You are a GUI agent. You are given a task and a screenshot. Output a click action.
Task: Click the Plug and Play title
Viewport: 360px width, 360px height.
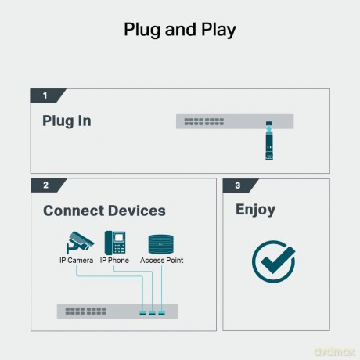point(180,30)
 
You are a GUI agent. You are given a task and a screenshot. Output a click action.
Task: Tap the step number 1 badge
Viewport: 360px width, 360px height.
point(47,95)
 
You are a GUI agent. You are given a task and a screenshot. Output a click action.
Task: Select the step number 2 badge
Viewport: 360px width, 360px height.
point(48,185)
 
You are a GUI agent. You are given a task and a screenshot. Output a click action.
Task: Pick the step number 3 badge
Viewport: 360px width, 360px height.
point(239,185)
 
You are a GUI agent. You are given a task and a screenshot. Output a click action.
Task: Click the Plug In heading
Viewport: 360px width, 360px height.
point(67,121)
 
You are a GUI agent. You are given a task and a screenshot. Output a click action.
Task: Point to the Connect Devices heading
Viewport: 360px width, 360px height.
point(104,211)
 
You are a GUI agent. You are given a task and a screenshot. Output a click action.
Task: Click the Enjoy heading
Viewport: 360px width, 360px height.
point(255,210)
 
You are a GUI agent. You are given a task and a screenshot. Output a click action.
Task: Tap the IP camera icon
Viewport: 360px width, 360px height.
point(80,243)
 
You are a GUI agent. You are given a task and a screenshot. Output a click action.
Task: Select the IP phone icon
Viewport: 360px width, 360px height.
point(115,243)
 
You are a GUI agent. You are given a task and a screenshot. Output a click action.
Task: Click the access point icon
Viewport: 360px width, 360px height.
point(160,244)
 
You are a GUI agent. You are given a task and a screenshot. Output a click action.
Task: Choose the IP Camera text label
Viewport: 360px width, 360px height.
point(76,261)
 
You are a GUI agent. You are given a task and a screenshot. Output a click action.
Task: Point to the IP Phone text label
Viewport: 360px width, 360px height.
point(114,261)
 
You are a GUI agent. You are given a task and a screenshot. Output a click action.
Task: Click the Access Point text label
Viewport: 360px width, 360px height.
point(161,261)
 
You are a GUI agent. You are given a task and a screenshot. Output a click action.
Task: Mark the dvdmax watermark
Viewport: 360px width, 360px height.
point(335,351)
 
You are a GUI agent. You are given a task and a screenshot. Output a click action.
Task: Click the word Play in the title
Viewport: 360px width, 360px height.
point(218,30)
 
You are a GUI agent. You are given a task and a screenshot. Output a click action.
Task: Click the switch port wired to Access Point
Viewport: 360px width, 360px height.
point(162,313)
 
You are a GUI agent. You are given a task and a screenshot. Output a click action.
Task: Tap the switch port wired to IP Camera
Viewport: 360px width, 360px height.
point(142,313)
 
